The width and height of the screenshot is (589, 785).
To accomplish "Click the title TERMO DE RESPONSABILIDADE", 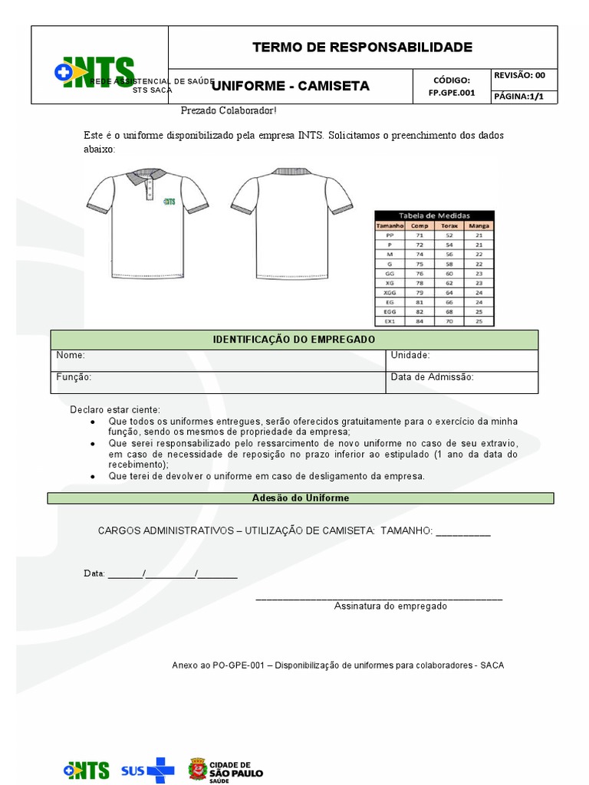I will click(362, 48).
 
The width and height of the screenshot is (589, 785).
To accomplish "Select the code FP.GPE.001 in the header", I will click(452, 93).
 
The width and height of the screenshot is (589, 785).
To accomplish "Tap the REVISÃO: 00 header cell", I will click(519, 75).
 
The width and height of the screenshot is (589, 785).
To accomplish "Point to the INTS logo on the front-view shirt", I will click(169, 202).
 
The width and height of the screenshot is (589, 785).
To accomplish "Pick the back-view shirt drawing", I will click(292, 222).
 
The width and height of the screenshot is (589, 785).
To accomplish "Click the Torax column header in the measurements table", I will click(449, 226).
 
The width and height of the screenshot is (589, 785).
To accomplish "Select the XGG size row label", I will click(390, 292).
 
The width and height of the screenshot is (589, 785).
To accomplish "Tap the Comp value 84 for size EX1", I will click(420, 321).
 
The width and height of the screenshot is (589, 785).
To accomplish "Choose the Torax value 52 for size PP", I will click(449, 235).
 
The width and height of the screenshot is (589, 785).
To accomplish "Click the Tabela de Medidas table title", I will click(434, 215).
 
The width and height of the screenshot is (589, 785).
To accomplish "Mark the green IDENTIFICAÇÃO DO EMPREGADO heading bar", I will click(294, 340).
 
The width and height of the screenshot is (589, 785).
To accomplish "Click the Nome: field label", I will click(71, 356).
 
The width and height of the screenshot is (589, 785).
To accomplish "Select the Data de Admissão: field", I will click(433, 377).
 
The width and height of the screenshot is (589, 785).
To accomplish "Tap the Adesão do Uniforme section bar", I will click(300, 498).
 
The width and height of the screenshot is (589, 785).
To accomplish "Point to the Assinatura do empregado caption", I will click(390, 606).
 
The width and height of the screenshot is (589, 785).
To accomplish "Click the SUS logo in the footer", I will click(147, 770).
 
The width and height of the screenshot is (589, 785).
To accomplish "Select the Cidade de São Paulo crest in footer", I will click(198, 769).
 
